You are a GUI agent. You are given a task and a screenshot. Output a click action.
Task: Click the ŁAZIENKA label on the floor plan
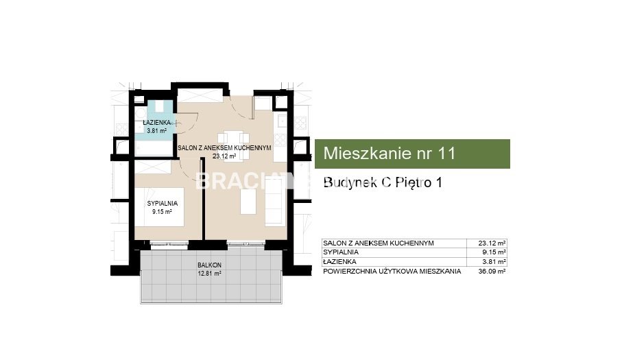pyautogui.click(x=156, y=123)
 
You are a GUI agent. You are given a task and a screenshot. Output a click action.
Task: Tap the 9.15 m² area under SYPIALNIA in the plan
pyautogui.click(x=163, y=212)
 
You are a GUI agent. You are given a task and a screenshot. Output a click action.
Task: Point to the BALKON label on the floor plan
pyautogui.click(x=209, y=265)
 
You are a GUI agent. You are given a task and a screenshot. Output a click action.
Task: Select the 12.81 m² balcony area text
pyautogui.click(x=209, y=273)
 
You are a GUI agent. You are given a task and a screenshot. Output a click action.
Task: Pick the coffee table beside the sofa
pyautogui.click(x=248, y=202)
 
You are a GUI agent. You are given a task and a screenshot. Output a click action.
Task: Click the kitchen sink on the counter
pyautogui.click(x=282, y=120)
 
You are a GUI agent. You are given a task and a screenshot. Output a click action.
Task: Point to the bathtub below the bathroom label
pyautogui.click(x=154, y=148)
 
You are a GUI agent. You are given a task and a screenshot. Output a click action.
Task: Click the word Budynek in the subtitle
pyautogui.click(x=350, y=182)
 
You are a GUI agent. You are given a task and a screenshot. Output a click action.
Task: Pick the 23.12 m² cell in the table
pyautogui.click(x=492, y=243)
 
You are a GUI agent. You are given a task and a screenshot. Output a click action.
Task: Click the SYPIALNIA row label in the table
pyautogui.click(x=341, y=252)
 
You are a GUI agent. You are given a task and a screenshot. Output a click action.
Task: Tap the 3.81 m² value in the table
pyautogui.click(x=494, y=262)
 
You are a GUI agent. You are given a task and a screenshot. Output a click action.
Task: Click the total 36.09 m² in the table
pyautogui.click(x=492, y=272)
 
